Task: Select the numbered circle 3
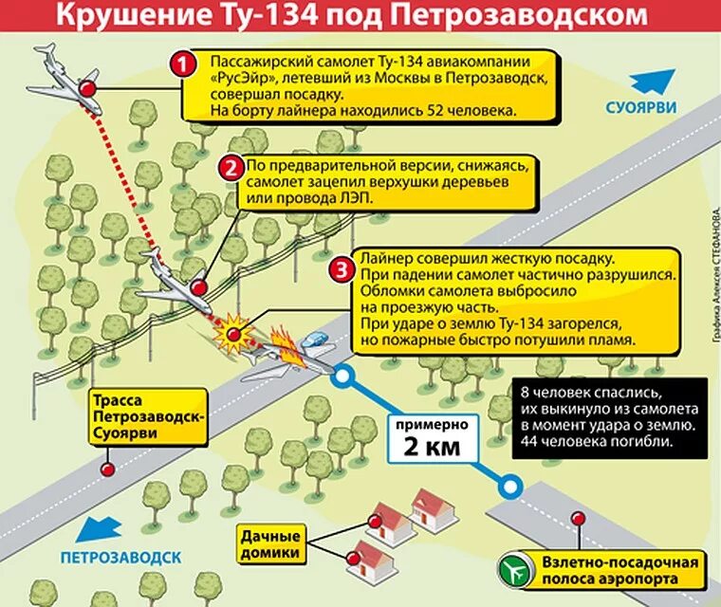[x=340, y=268]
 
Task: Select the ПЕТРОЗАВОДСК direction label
[x=119, y=557]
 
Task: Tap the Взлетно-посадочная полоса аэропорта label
[x=619, y=571]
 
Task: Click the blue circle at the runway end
[x=511, y=487]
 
